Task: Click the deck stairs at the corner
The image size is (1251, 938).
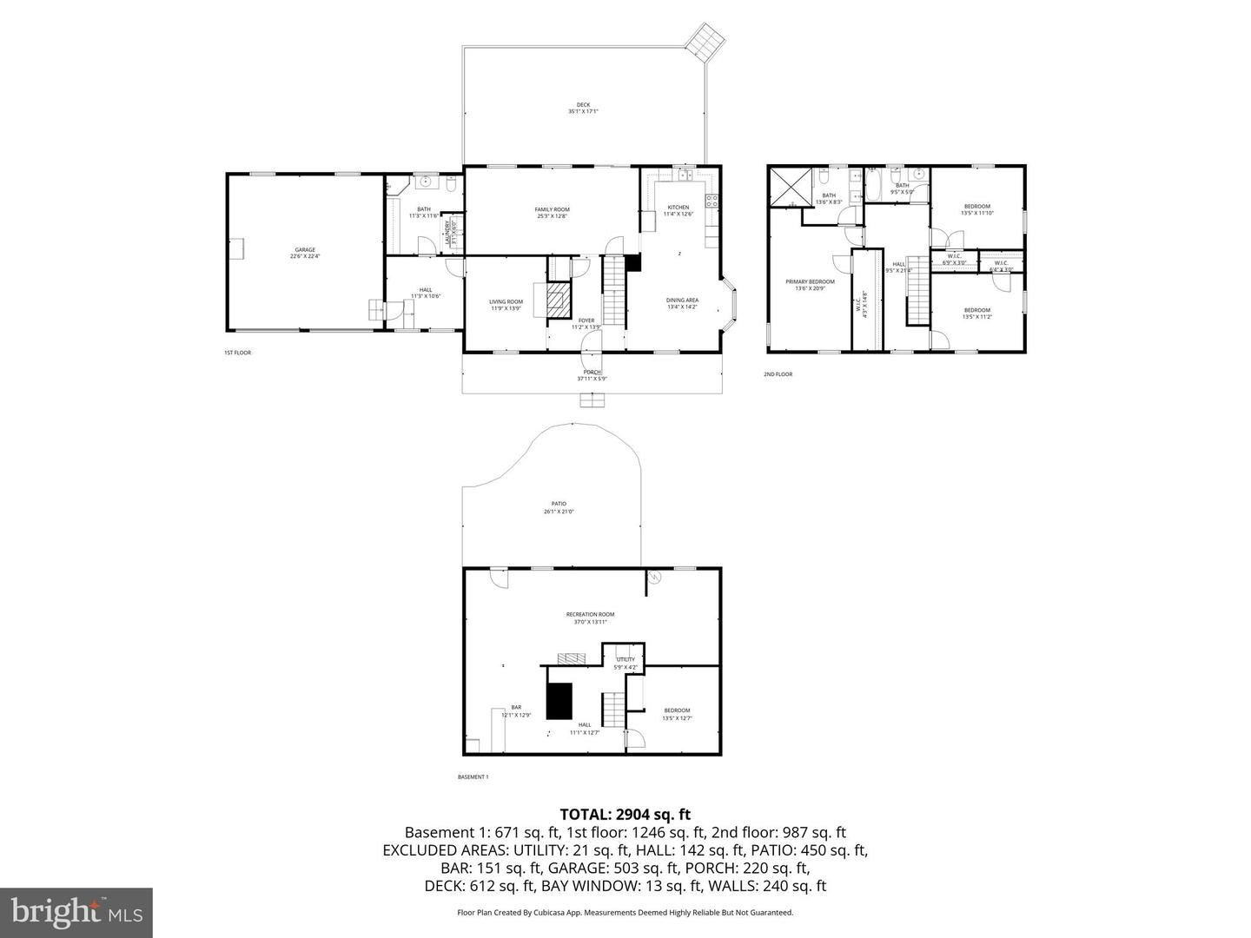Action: tap(703, 40)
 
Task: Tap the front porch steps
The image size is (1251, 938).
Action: tap(592, 400)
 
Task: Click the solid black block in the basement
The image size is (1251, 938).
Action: tap(559, 701)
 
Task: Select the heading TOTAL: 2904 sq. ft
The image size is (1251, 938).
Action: tap(625, 814)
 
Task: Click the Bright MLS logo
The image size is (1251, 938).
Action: tap(76, 912)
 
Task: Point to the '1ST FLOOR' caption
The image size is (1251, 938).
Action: tap(237, 353)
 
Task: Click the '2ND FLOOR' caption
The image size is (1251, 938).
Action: tap(778, 374)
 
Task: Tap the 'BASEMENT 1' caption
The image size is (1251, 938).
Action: tap(473, 776)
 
